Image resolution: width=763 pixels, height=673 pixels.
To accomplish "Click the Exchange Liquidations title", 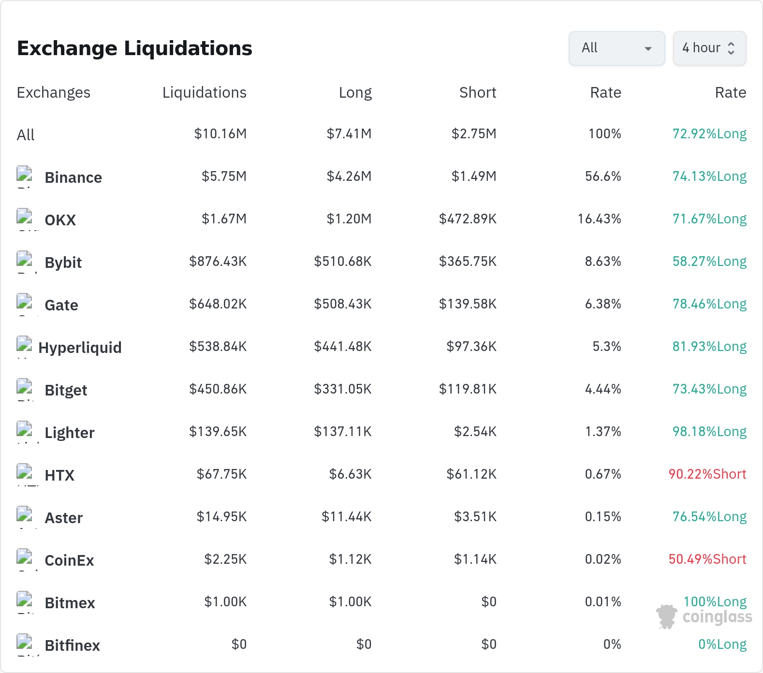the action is [134, 48].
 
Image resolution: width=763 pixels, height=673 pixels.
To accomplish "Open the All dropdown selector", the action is [616, 48].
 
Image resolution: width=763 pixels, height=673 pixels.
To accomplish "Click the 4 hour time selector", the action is [709, 48].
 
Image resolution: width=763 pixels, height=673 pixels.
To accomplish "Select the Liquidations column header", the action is [205, 92].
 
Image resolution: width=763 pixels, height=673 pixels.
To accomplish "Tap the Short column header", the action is [478, 92].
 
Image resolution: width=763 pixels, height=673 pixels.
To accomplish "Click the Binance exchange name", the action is [73, 177].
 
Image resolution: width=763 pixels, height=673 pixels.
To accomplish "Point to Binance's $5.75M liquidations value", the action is [224, 176].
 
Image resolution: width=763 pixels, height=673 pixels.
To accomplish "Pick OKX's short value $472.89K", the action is [468, 219].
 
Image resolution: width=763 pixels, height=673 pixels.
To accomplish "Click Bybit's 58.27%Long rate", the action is [709, 261].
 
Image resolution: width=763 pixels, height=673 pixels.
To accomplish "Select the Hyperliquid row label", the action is [80, 348].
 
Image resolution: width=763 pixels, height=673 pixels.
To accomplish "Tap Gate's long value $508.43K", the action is [343, 304].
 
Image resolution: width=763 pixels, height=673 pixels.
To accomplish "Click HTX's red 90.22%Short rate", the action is [707, 474].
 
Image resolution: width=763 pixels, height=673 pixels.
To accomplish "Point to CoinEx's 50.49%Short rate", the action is [707, 559].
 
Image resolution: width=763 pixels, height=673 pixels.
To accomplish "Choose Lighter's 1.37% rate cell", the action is [603, 431].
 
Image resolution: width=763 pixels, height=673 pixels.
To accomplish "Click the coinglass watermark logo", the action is [704, 616].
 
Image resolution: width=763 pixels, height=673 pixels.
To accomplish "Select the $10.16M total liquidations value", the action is [220, 133].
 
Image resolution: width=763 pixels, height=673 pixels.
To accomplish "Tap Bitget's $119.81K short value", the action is [468, 389].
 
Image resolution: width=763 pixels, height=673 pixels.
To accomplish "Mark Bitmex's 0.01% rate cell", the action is [603, 601].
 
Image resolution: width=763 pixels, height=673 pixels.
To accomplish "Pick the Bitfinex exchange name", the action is [73, 645].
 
